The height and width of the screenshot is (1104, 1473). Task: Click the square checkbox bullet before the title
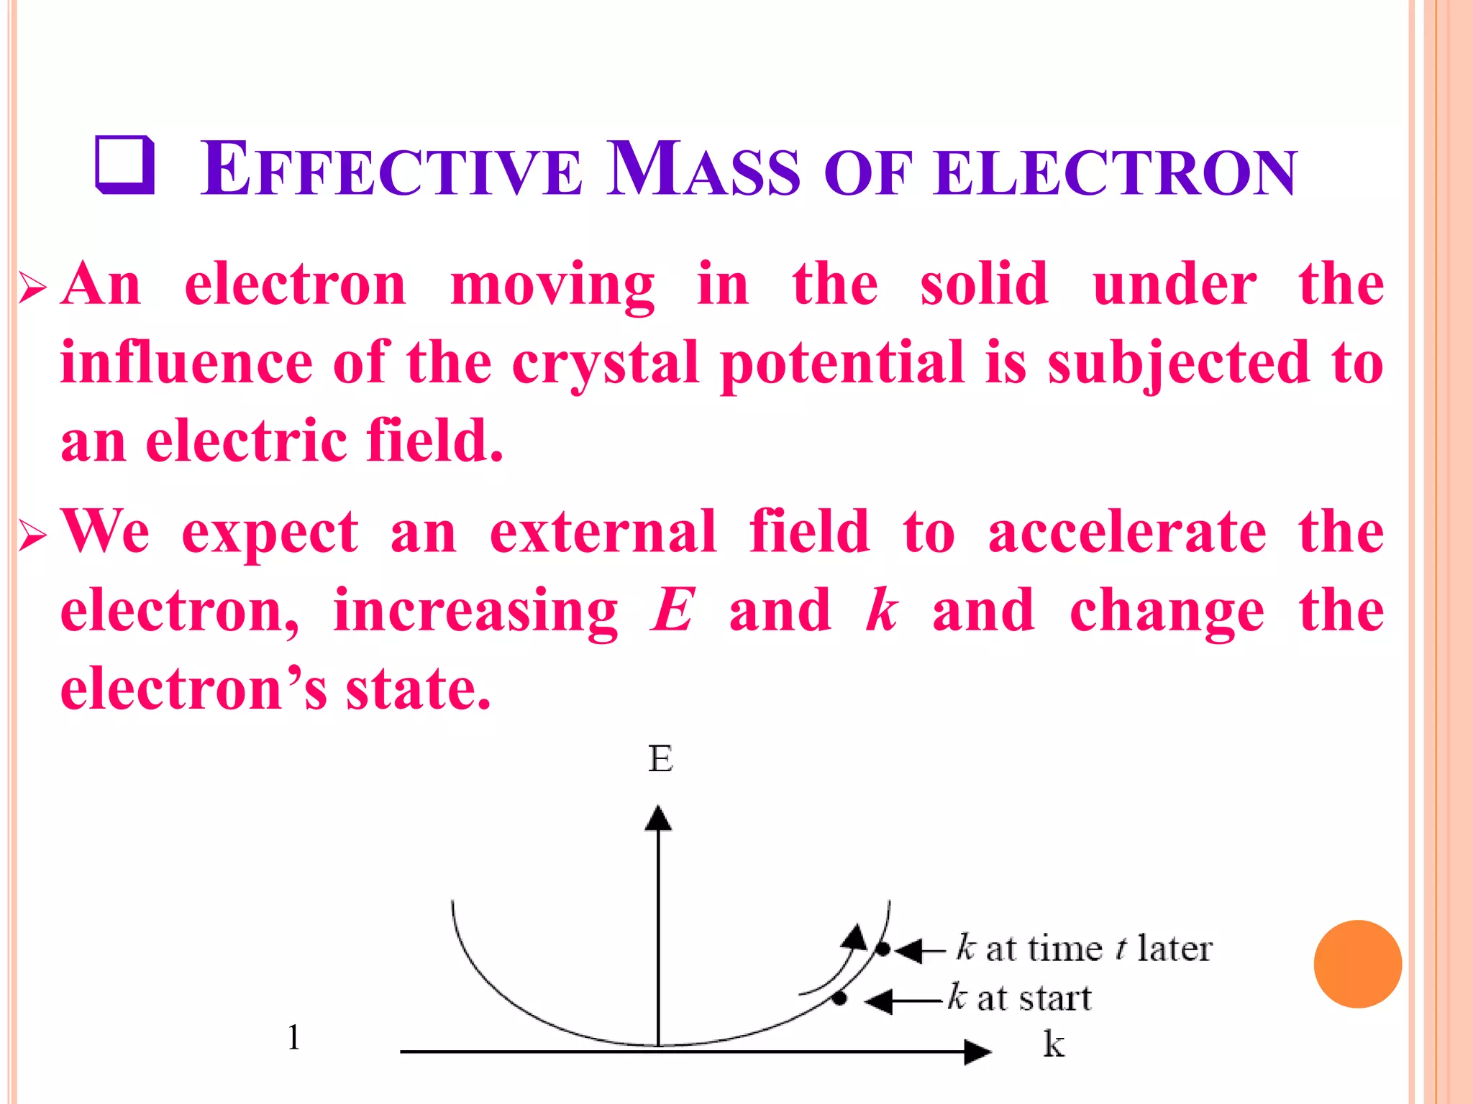tap(124, 165)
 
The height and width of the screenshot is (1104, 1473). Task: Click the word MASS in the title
tap(703, 170)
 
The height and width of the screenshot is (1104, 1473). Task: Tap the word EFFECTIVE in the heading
tap(391, 170)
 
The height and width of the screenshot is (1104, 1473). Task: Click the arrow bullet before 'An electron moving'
tap(32, 288)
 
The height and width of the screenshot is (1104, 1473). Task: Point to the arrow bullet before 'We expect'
tap(32, 535)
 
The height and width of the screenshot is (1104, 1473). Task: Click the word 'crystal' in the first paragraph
tap(606, 363)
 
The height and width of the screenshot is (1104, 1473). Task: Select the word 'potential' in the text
tap(842, 363)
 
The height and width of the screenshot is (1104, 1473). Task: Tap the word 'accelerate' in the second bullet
tap(1127, 532)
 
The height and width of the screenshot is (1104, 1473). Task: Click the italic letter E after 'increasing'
tap(672, 610)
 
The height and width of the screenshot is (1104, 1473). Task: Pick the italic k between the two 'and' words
tap(881, 610)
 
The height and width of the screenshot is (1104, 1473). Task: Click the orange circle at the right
tap(1357, 964)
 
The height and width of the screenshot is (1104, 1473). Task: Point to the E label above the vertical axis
tap(660, 759)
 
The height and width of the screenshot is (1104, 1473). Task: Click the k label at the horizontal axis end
tap(1054, 1044)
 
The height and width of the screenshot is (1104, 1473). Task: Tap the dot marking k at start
tap(839, 998)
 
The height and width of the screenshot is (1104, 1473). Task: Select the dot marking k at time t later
tap(883, 949)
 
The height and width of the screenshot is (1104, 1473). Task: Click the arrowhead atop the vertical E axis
tap(658, 819)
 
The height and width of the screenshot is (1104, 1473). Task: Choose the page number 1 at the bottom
tap(293, 1037)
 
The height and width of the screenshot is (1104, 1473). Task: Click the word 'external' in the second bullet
tap(603, 532)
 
